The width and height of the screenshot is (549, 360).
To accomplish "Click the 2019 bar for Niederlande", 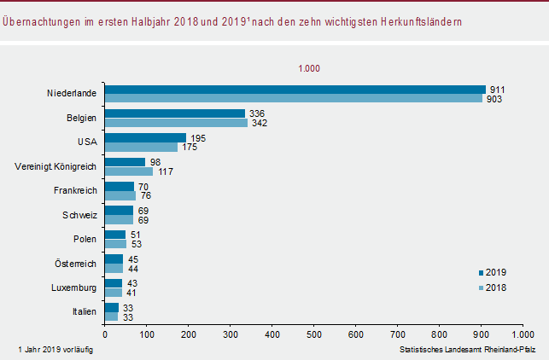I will pyautogui.click(x=295, y=89).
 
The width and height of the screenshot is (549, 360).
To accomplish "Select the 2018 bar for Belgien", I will pyautogui.click(x=176, y=123).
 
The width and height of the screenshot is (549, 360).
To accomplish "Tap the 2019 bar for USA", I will pyautogui.click(x=145, y=137).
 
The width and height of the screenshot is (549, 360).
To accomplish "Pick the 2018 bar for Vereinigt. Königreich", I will pyautogui.click(x=128, y=171).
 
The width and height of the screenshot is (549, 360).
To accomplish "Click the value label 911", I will pyautogui.click(x=496, y=89).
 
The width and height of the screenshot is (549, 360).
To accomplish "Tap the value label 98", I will pyautogui.click(x=155, y=162).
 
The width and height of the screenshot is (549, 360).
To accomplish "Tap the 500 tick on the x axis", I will pyautogui.click(x=313, y=335).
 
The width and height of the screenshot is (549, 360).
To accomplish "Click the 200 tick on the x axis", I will pyautogui.click(x=188, y=335).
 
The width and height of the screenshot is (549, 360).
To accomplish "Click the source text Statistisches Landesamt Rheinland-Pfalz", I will pyautogui.click(x=466, y=350).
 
